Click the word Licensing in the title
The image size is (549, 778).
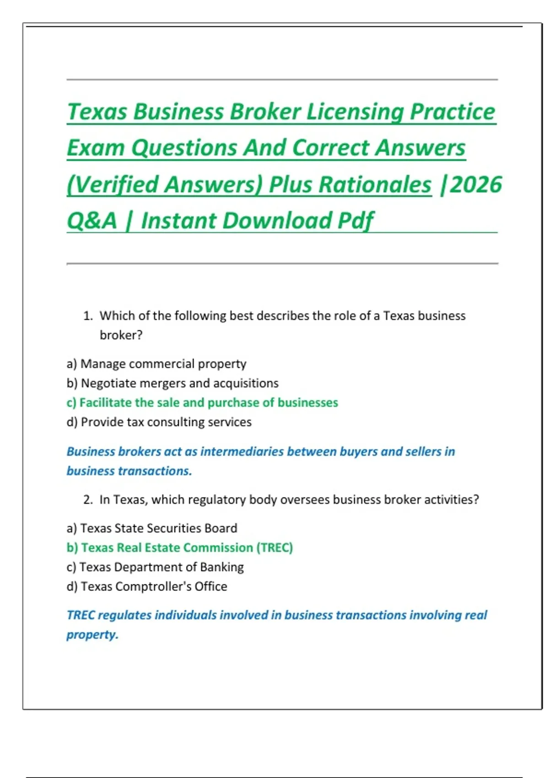pos(354,112)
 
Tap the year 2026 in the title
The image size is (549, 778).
pos(476,185)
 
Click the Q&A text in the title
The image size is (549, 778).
pos(92,221)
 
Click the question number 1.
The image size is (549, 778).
pos(88,316)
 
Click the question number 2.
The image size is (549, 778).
pos(88,500)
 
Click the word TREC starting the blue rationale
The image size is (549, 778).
pos(81,615)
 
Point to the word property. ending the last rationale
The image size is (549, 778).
pos(92,635)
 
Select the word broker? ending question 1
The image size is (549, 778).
pos(121,335)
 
